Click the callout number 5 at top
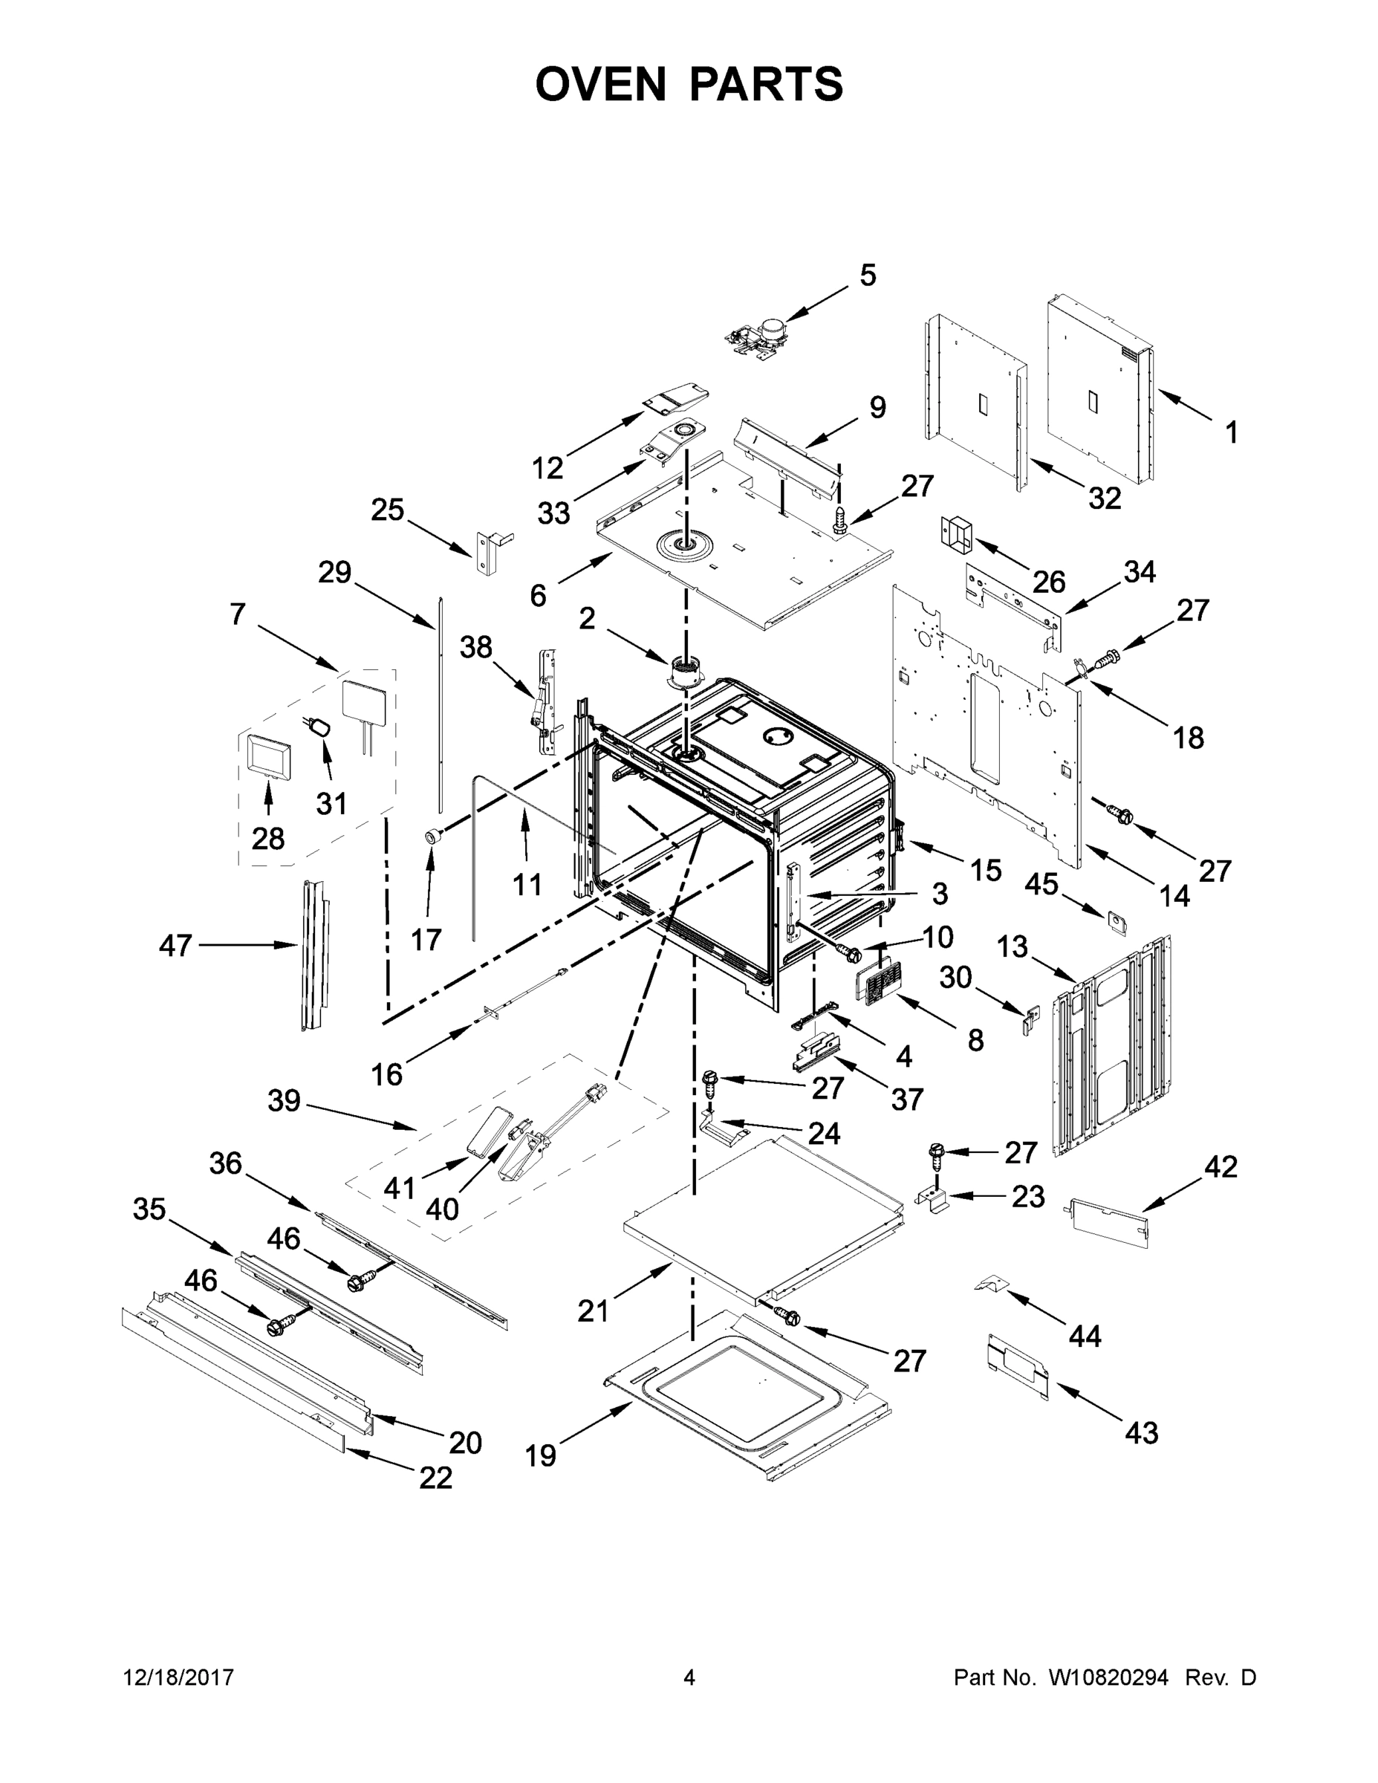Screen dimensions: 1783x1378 (x=868, y=276)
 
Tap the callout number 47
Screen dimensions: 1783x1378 (x=175, y=946)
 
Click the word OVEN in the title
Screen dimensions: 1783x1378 (x=601, y=84)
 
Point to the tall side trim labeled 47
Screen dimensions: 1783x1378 (x=313, y=955)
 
